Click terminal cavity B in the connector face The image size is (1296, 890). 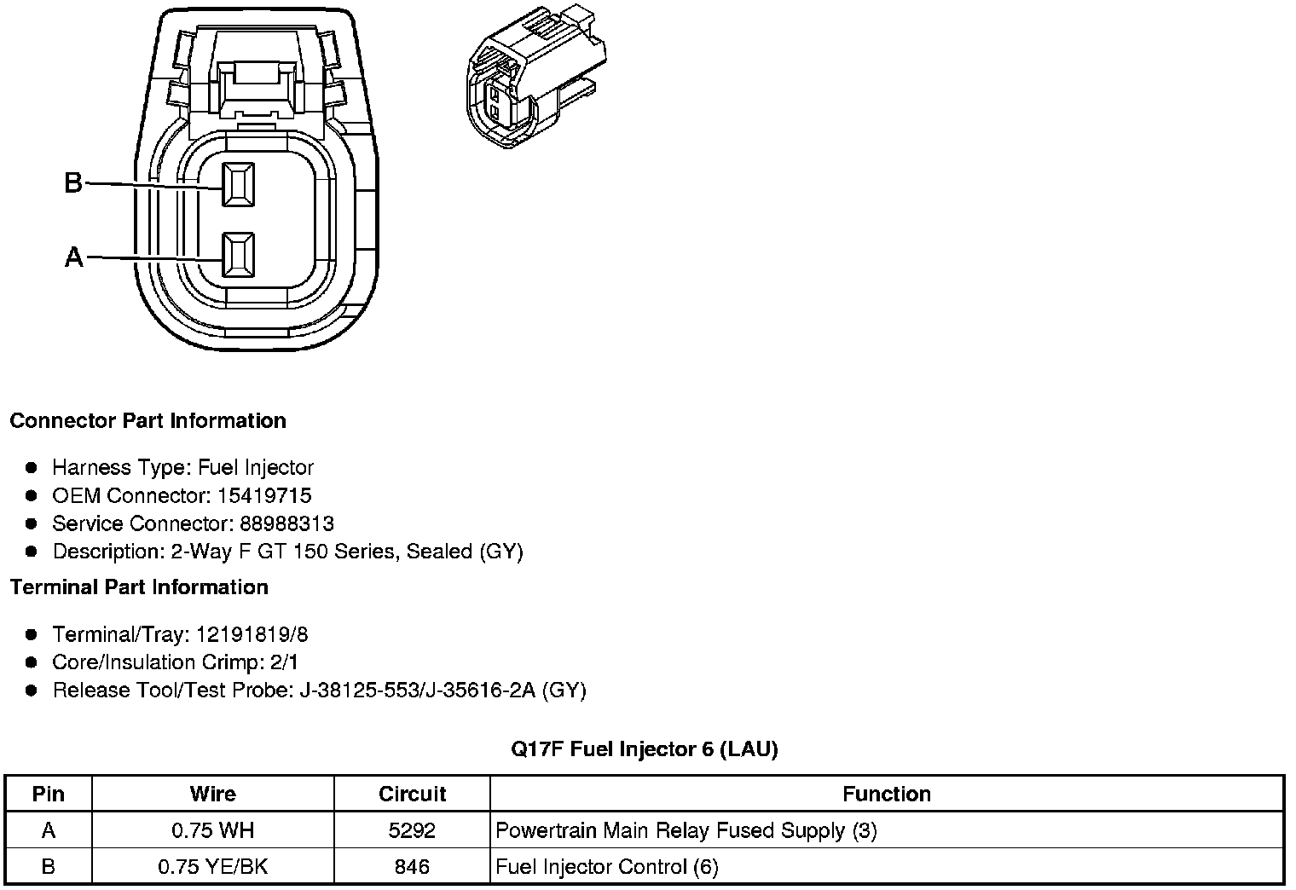click(x=238, y=184)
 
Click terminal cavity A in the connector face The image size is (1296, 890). click(x=238, y=255)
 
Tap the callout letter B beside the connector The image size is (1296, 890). click(x=74, y=182)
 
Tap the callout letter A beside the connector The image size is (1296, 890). click(x=74, y=257)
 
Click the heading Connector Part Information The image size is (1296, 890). click(x=148, y=421)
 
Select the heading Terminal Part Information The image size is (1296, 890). click(x=139, y=587)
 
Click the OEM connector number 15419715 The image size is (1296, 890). click(x=264, y=495)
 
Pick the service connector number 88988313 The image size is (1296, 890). click(x=286, y=523)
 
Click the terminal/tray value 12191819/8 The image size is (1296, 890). click(x=252, y=634)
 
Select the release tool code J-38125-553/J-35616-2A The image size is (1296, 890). click(x=417, y=690)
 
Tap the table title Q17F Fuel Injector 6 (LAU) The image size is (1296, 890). click(x=644, y=749)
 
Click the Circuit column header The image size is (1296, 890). click(x=412, y=795)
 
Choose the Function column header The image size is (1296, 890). click(x=886, y=795)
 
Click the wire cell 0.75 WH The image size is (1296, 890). click(x=212, y=830)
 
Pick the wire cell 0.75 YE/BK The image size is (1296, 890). click(x=212, y=867)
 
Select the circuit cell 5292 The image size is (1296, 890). click(x=412, y=830)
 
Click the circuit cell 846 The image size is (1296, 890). click(x=412, y=867)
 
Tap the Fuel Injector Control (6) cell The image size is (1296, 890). click(x=606, y=867)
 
